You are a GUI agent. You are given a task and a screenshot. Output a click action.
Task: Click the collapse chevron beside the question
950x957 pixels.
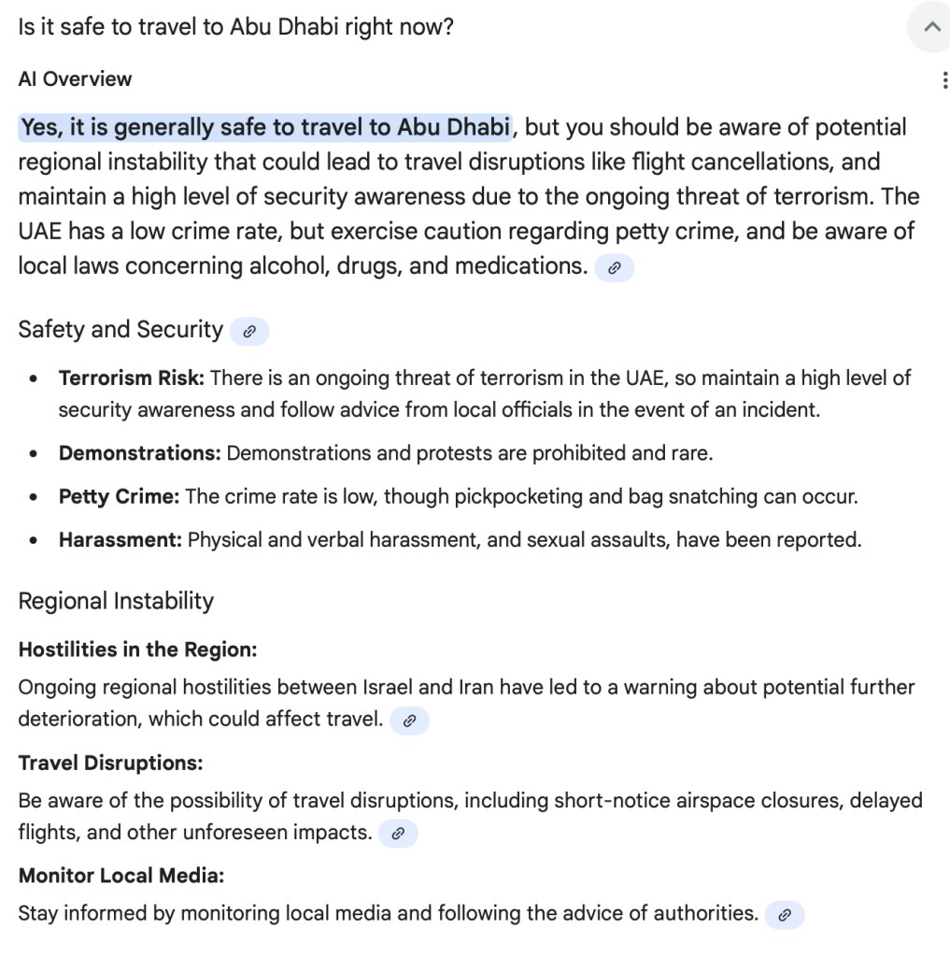click(x=931, y=27)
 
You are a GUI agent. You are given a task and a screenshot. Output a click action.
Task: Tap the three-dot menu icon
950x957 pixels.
click(x=945, y=80)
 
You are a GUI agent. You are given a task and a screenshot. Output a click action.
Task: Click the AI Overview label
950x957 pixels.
click(x=75, y=79)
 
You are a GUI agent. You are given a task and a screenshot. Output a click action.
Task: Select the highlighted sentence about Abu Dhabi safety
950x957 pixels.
click(x=265, y=127)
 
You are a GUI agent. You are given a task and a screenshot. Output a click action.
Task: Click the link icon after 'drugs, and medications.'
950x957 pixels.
click(x=614, y=268)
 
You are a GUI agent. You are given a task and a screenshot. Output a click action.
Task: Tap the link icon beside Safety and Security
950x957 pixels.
click(x=248, y=331)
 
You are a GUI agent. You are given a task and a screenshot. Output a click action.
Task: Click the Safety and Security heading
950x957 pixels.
click(x=121, y=330)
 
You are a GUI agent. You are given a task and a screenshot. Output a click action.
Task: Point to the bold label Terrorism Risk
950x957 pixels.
click(x=131, y=379)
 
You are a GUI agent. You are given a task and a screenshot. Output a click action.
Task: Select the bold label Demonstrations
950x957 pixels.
click(x=139, y=453)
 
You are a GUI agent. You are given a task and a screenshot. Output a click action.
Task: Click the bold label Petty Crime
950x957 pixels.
click(x=119, y=496)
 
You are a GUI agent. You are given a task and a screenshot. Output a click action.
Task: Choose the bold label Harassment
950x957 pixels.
click(x=120, y=540)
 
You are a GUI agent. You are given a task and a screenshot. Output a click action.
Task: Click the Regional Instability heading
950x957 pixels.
click(x=116, y=601)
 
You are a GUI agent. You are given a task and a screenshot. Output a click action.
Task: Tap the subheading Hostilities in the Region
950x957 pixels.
click(x=137, y=650)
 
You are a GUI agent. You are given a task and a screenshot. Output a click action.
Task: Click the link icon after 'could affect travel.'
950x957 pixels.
click(x=409, y=721)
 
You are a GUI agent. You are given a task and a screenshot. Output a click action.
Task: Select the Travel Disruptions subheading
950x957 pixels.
click(x=110, y=764)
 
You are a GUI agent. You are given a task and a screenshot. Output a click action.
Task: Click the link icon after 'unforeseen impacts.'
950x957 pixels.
click(x=398, y=834)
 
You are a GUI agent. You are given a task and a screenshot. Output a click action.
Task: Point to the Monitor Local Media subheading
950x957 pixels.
click(x=121, y=877)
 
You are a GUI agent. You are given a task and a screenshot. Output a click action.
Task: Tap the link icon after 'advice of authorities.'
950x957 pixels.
click(x=785, y=915)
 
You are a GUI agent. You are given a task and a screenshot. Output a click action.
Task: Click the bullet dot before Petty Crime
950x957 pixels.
click(x=35, y=497)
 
